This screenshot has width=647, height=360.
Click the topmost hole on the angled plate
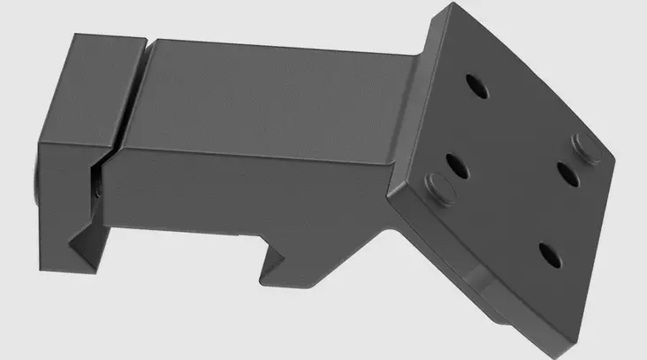click(x=475, y=86)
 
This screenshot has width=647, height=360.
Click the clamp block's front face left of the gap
click(x=66, y=190)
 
